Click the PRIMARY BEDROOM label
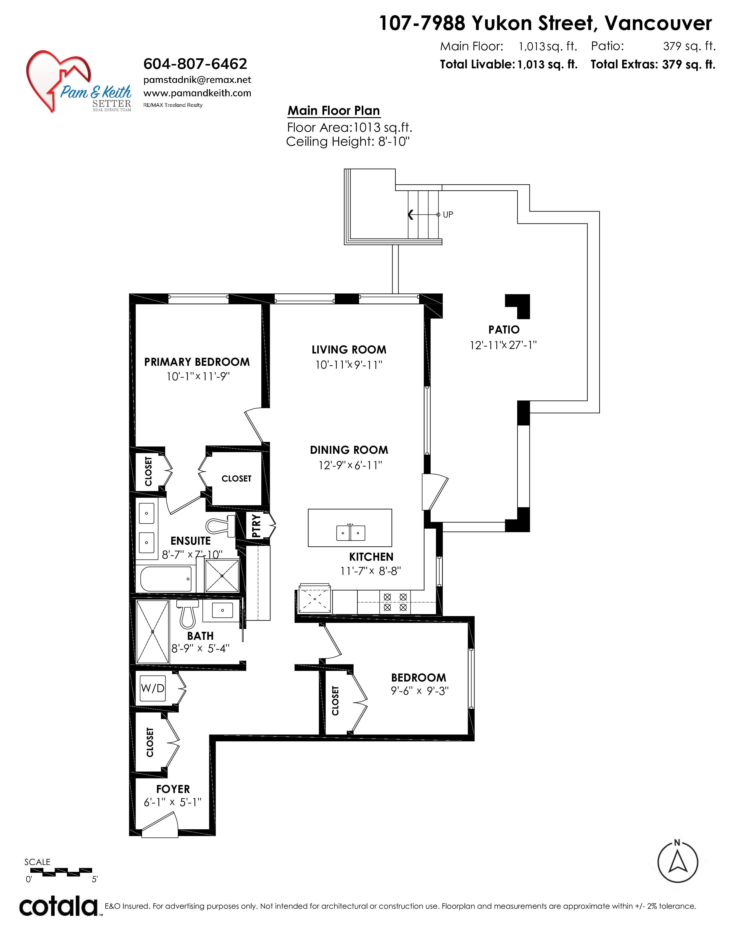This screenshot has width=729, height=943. coord(197,362)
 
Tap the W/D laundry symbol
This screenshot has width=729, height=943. coord(153,688)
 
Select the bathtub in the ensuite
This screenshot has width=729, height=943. coord(166,579)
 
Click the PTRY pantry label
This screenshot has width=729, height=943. coord(256,526)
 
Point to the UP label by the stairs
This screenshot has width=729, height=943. coord(448,215)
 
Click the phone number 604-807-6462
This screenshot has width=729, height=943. coord(195,64)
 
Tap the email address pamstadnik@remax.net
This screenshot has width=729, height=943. coord(197,80)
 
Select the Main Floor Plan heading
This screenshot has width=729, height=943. coord(334,111)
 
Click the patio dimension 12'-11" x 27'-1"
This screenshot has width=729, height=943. coord(503,345)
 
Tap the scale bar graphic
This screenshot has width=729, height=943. coord(61,872)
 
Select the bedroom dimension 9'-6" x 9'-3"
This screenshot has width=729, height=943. coord(420,691)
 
